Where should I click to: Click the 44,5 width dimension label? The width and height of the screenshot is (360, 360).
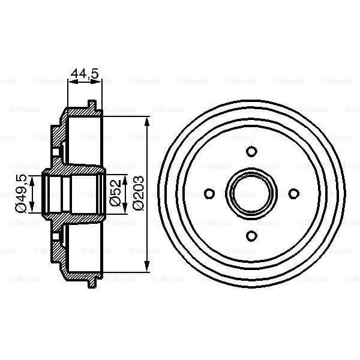pos(84,74)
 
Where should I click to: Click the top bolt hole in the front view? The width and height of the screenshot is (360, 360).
pos(252,151)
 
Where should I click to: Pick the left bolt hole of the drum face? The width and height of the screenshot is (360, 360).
pos(209,193)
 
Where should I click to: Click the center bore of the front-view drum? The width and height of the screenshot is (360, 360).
pos(252,193)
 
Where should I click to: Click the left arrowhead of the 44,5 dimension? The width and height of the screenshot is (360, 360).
pos(71,83)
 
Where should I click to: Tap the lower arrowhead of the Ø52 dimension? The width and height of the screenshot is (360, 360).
pos(125,211)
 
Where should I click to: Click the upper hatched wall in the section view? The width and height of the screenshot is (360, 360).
pos(57,141)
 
